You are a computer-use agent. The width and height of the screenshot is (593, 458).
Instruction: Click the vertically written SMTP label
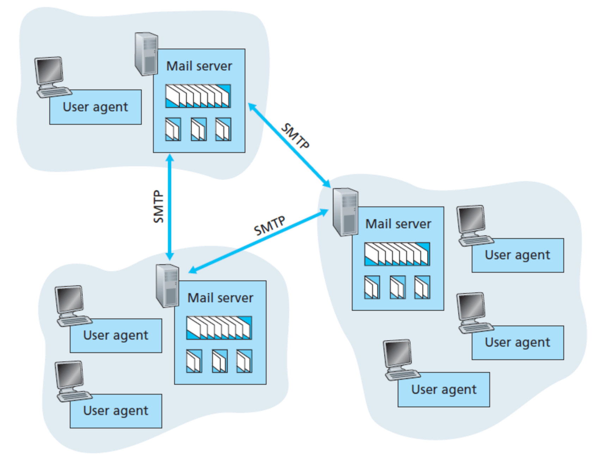point(159,206)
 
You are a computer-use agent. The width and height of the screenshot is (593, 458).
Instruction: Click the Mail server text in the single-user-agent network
point(199,66)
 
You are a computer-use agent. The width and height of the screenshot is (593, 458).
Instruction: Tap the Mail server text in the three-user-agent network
point(398,224)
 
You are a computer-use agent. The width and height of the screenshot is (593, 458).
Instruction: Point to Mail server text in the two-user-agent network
point(220,298)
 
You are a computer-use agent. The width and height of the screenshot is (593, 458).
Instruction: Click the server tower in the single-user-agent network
point(146,54)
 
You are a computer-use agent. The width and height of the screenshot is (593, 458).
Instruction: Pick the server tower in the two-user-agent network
point(167,286)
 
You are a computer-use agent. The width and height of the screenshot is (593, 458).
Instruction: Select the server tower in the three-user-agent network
point(345,212)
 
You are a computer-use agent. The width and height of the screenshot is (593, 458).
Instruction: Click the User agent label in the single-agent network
point(95,107)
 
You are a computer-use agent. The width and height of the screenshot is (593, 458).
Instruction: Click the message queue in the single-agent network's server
point(198,96)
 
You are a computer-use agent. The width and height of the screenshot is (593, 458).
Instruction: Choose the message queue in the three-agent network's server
point(397,254)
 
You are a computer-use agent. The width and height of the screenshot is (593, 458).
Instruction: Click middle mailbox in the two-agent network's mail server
point(220,361)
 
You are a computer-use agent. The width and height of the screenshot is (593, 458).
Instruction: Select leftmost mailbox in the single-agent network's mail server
point(173,129)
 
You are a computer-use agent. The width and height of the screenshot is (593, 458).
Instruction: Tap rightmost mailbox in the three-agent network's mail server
point(422,287)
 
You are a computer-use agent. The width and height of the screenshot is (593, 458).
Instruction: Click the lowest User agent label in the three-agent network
point(444,389)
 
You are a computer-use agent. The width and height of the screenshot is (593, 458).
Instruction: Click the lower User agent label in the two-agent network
point(116,410)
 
